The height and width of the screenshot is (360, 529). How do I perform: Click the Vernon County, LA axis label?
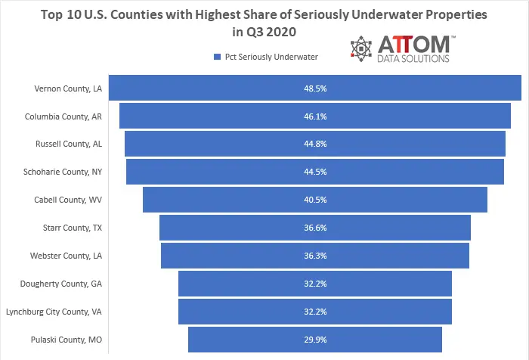pyautogui.click(x=68, y=88)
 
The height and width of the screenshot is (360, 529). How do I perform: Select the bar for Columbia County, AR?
pyautogui.click(x=227, y=116)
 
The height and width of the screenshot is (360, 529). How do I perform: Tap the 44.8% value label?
pyautogui.click(x=315, y=144)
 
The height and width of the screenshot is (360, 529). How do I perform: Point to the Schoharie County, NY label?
pyautogui.click(x=63, y=172)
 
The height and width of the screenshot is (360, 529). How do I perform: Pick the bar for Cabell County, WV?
pyautogui.click(x=227, y=200)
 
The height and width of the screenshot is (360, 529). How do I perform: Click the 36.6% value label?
pyautogui.click(x=315, y=228)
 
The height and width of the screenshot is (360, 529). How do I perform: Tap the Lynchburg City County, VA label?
pyautogui.click(x=54, y=311)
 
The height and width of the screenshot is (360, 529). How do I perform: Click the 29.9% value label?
pyautogui.click(x=315, y=339)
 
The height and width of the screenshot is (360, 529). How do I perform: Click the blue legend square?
pyautogui.click(x=217, y=56)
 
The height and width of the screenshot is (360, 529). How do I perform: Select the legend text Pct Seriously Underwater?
pyautogui.click(x=271, y=56)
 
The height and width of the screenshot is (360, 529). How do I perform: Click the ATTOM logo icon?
pyautogui.click(x=362, y=48)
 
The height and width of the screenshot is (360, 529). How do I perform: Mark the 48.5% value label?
pyautogui.click(x=315, y=88)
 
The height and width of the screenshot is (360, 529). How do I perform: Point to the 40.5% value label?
pyautogui.click(x=315, y=200)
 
